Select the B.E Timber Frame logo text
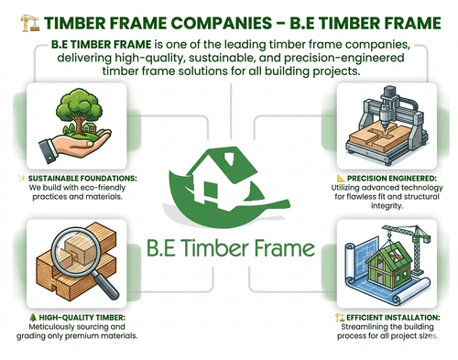230,248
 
